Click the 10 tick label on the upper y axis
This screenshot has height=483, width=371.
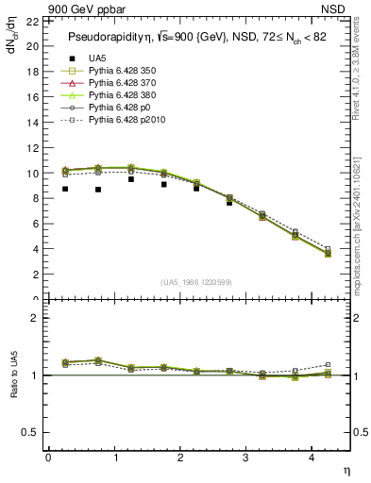[x=33, y=174]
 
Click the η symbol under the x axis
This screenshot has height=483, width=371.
[x=346, y=469]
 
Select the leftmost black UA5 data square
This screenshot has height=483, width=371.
[x=65, y=189]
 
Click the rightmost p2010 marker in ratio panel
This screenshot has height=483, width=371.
[x=329, y=364]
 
